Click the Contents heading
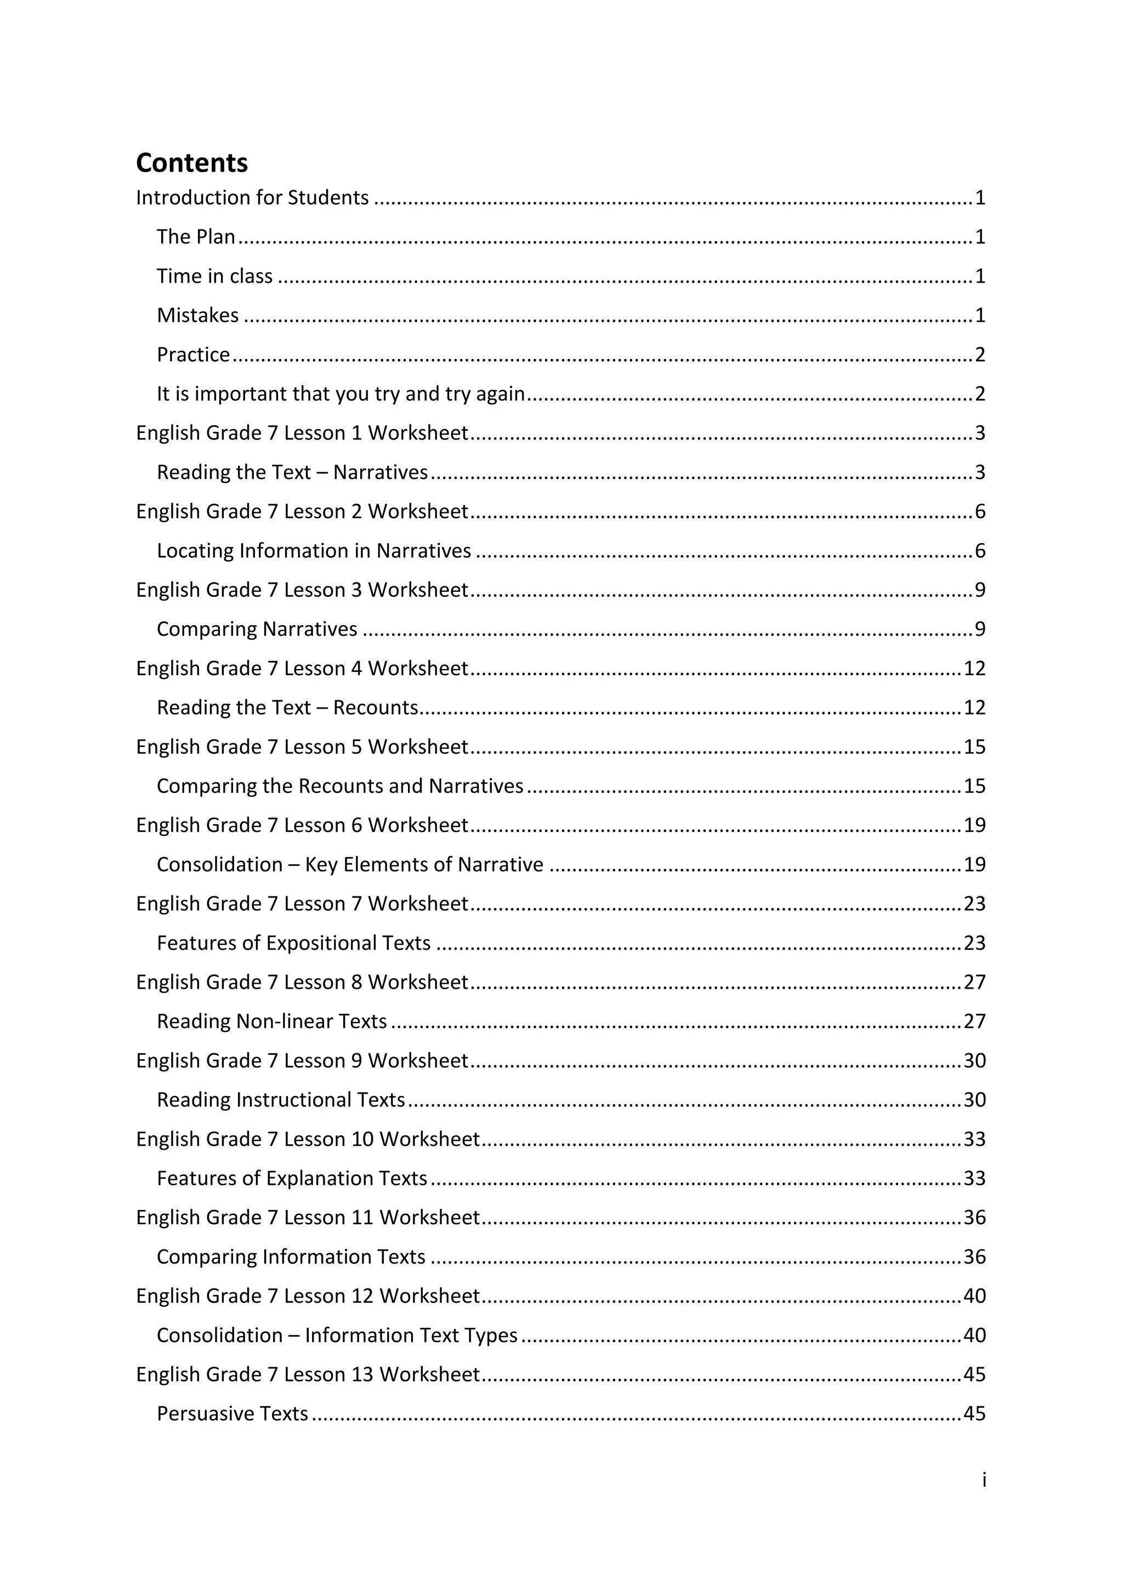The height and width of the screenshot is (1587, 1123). pyautogui.click(x=191, y=163)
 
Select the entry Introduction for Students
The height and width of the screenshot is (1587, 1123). pyautogui.click(x=252, y=198)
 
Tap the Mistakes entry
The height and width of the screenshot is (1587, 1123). pyautogui.click(x=198, y=315)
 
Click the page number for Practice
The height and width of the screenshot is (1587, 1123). pyautogui.click(x=980, y=355)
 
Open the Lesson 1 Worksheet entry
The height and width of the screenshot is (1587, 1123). pyautogui.click(x=302, y=433)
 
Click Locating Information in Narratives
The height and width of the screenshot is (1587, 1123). pyautogui.click(x=314, y=551)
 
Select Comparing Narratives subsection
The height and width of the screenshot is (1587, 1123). pyautogui.click(x=257, y=629)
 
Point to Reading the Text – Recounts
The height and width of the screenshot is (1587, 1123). pyautogui.click(x=288, y=708)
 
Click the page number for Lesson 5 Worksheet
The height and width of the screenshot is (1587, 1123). pyautogui.click(x=974, y=747)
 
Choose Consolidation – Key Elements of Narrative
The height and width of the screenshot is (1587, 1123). pyautogui.click(x=350, y=865)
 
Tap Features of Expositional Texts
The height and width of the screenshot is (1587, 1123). pyautogui.click(x=294, y=944)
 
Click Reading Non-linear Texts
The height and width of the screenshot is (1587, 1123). pyautogui.click(x=272, y=1021)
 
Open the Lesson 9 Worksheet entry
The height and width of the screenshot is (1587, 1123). pyautogui.click(x=302, y=1061)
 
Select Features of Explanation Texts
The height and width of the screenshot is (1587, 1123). pyautogui.click(x=292, y=1179)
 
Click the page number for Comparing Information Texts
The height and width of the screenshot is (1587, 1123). pyautogui.click(x=974, y=1257)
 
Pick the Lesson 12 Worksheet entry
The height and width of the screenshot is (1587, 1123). pyautogui.click(x=308, y=1296)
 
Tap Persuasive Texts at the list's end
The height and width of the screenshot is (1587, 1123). pyautogui.click(x=232, y=1413)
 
